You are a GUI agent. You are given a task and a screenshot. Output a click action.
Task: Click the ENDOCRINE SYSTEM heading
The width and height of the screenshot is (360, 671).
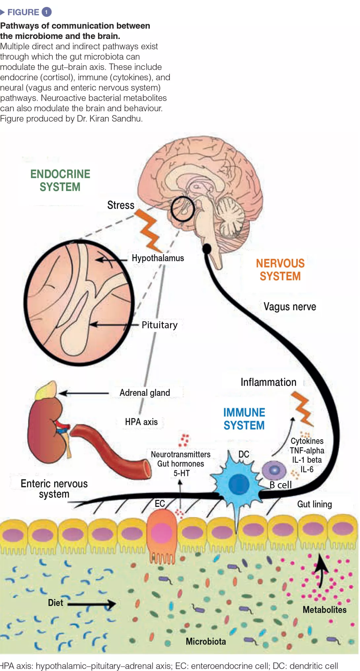(x=60, y=180)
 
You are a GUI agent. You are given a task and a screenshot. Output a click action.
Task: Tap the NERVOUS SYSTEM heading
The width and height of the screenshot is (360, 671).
(x=280, y=269)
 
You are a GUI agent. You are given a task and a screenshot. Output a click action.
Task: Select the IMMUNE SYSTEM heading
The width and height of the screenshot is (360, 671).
(x=244, y=419)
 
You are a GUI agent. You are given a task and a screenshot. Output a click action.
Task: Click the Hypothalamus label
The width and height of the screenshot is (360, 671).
(x=158, y=258)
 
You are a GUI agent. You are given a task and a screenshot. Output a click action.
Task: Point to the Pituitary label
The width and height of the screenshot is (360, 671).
(x=160, y=325)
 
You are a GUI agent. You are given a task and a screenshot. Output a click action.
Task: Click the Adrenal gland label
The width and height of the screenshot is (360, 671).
(x=145, y=393)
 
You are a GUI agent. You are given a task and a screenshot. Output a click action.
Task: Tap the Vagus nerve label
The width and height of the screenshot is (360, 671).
(x=290, y=306)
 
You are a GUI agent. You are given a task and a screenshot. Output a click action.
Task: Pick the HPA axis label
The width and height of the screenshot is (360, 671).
(x=141, y=422)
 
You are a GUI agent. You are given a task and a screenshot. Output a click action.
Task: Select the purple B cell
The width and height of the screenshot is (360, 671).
(x=274, y=470)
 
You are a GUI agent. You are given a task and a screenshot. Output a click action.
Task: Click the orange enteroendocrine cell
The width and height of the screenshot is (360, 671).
(x=162, y=532)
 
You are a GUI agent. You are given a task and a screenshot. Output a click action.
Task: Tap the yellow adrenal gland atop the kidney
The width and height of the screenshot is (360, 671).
(x=46, y=390)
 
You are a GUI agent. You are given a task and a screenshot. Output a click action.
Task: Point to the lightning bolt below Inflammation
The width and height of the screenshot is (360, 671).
(x=303, y=408)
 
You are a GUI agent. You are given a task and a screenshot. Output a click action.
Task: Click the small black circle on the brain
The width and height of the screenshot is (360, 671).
(x=183, y=209)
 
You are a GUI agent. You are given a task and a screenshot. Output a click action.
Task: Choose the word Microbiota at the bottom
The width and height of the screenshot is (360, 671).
(x=206, y=641)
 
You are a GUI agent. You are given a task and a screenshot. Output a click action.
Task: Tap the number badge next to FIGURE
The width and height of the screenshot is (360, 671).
(x=47, y=12)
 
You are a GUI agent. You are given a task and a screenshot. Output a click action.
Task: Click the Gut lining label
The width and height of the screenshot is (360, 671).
(x=314, y=504)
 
